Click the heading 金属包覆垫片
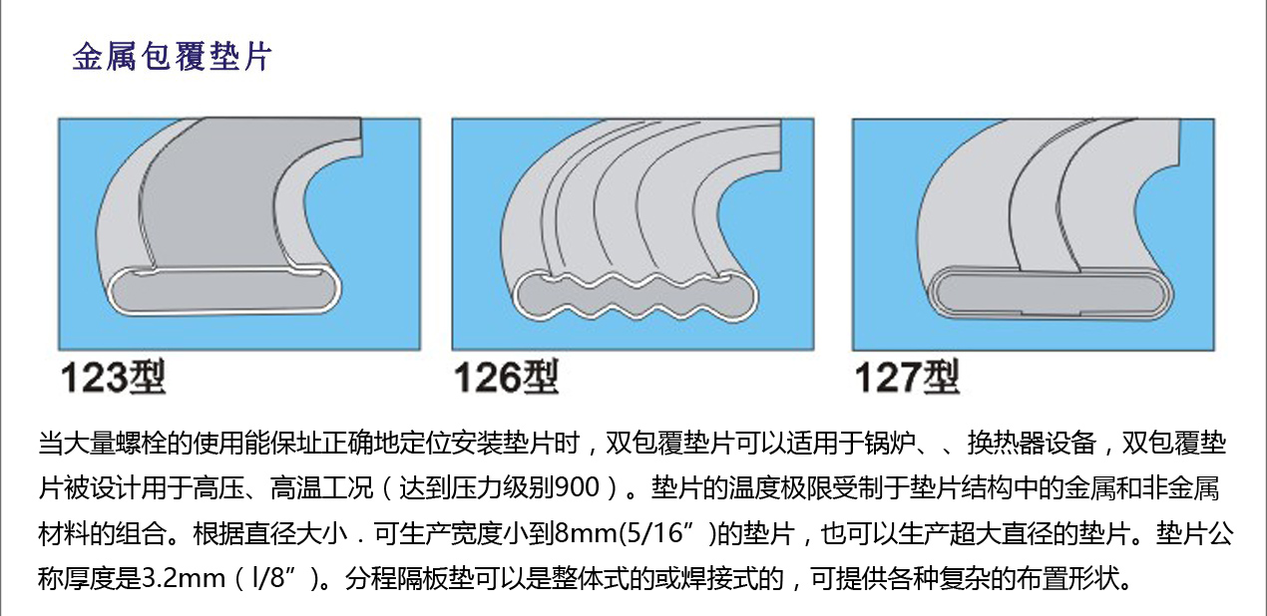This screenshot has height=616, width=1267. coord(173,57)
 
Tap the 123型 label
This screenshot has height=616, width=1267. coord(113,377)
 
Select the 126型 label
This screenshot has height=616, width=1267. coord(506,377)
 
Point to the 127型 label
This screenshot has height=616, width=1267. coord(907,377)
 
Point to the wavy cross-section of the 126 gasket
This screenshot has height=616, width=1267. coord(635,297)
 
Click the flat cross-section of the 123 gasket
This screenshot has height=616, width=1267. coord(224,291)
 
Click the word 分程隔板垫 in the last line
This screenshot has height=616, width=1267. coord(409,578)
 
